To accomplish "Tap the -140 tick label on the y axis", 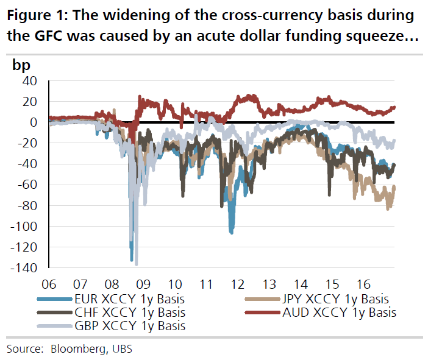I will pyautogui.click(x=24, y=268).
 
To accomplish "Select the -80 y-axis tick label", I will pyautogui.click(x=27, y=206).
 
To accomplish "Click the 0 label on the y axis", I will pyautogui.click(x=35, y=122).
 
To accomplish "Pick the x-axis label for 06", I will pyautogui.click(x=49, y=284).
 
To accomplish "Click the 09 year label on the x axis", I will pyautogui.click(x=143, y=284).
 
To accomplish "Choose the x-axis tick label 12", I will pyautogui.click(x=238, y=284).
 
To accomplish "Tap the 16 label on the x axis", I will pyautogui.click(x=364, y=284).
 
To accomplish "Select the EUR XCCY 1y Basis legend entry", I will pyautogui.click(x=128, y=299).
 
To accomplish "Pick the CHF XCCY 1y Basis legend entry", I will pyautogui.click(x=128, y=312).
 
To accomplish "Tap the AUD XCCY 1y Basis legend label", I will pyautogui.click(x=340, y=312).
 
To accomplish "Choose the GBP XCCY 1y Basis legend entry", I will pyautogui.click(x=128, y=326).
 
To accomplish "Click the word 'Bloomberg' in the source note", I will pyautogui.click(x=76, y=348).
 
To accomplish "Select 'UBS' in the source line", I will pyautogui.click(x=121, y=348).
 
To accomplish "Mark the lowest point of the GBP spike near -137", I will pyautogui.click(x=136, y=265).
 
